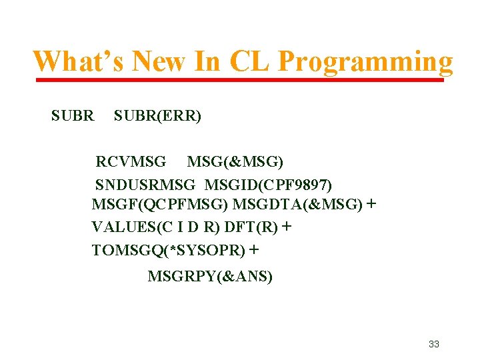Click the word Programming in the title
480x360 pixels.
tap(365, 62)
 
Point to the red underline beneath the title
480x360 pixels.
tap(239, 81)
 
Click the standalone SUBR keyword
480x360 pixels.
tap(73, 116)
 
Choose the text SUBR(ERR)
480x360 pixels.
tap(157, 116)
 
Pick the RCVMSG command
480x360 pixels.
tap(131, 162)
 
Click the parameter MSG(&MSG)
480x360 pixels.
tap(235, 162)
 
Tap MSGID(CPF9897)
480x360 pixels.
tap(269, 183)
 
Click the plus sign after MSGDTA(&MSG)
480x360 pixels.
tap(371, 204)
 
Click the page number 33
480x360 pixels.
tap(434, 344)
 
